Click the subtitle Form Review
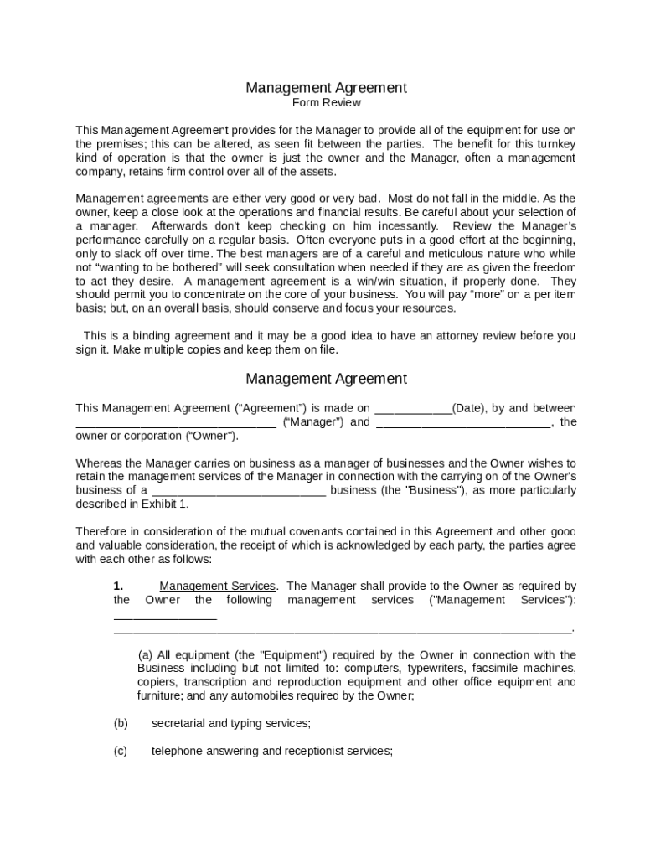point(326,103)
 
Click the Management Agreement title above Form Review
point(326,87)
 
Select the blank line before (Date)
point(412,409)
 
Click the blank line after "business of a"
point(239,490)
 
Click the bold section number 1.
point(119,587)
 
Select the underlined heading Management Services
point(217,587)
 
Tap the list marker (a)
point(146,655)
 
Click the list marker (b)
point(121,723)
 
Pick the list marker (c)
point(121,752)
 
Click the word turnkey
point(555,144)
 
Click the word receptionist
point(314,752)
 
